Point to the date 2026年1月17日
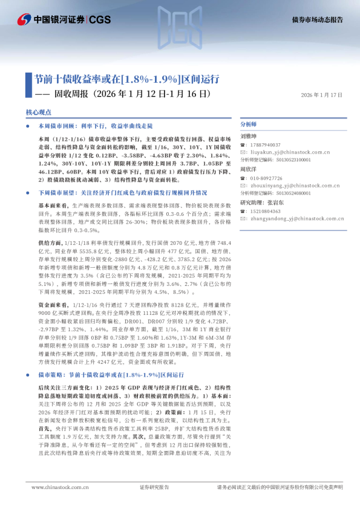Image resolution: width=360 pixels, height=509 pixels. click(x=322, y=95)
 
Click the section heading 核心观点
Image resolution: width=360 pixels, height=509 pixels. click(x=39, y=112)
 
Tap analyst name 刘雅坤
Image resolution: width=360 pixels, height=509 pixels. click(x=249, y=137)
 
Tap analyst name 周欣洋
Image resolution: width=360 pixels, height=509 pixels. click(x=249, y=170)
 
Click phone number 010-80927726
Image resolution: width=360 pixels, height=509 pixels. click(x=269, y=178)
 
